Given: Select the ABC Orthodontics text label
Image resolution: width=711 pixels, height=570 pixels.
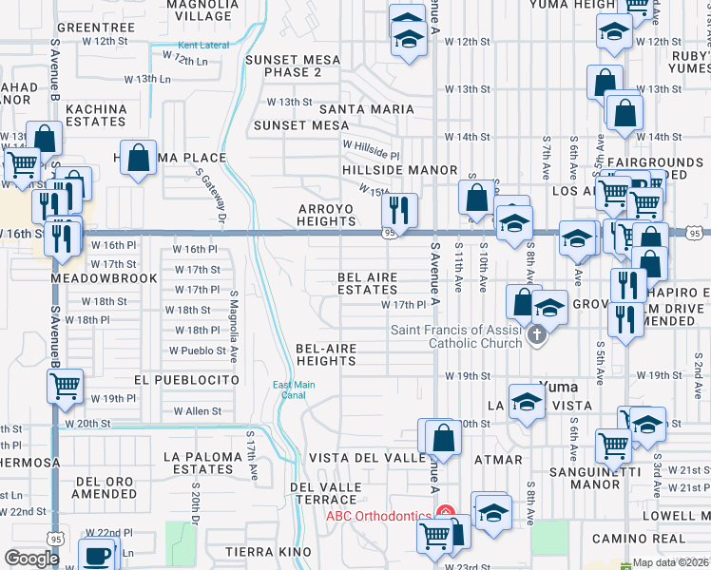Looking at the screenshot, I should pos(378,516).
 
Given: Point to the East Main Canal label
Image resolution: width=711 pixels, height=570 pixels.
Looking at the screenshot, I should pos(293,389).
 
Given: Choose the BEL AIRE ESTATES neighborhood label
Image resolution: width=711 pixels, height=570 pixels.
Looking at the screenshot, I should pos(368,283).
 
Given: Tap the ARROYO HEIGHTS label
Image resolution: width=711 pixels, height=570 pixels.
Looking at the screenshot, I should pos(326,215).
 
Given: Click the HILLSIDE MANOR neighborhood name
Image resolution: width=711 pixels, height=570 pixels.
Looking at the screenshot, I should pos(387,170).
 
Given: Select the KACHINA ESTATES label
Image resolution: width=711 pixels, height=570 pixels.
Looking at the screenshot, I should pos(97,116).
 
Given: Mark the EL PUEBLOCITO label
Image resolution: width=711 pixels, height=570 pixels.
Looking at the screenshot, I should pos(186,379).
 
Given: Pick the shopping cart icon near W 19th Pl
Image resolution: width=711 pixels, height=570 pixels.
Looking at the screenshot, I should pos(66,386).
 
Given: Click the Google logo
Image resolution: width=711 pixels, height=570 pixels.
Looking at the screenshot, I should pos(31,559).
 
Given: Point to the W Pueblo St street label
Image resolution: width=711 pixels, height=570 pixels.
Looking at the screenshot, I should pos(198,351).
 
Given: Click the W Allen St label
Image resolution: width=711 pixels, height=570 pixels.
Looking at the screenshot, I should pos(197,411).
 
